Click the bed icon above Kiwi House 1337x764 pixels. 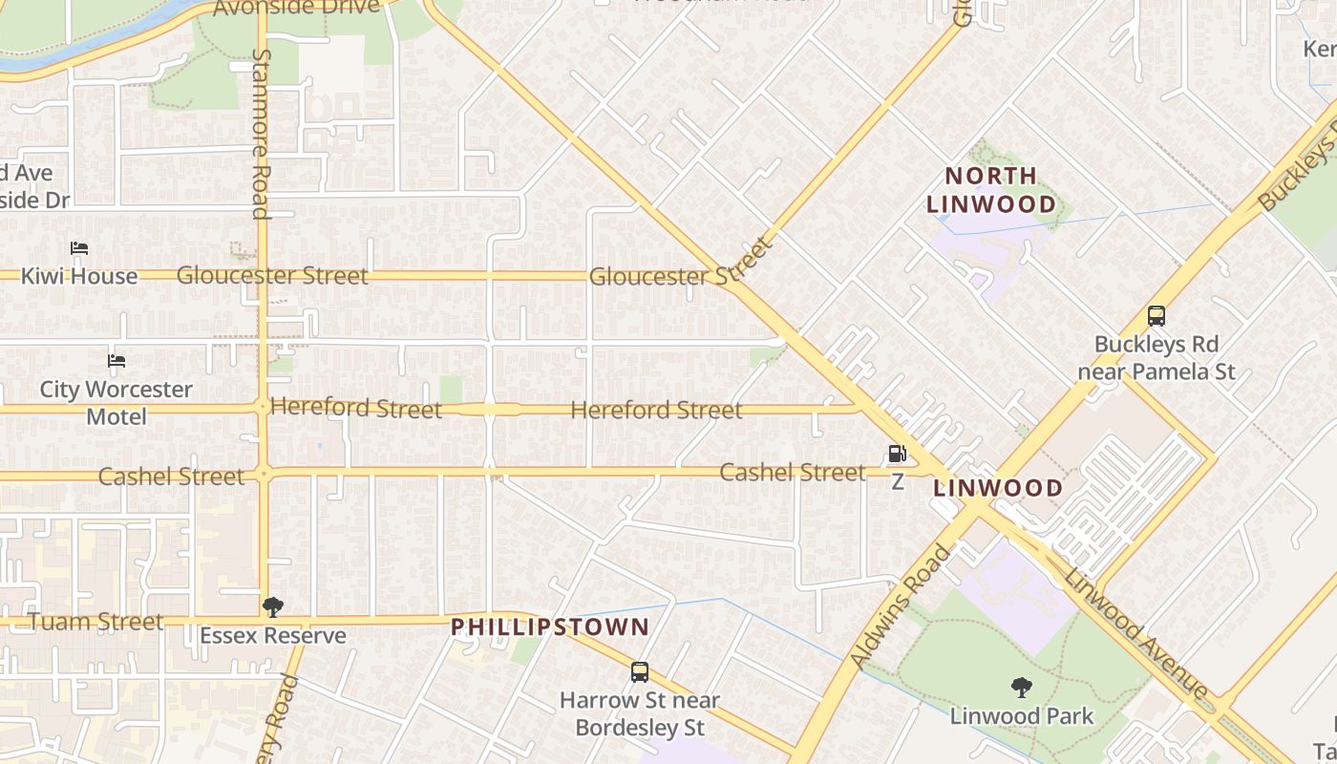pyautogui.click(x=79, y=248)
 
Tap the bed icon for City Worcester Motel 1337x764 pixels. pyautogui.click(x=117, y=361)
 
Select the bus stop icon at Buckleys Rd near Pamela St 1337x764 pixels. pyautogui.click(x=1156, y=316)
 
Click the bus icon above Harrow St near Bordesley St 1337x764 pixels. pyautogui.click(x=640, y=672)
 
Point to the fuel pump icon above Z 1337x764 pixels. pyautogui.click(x=897, y=455)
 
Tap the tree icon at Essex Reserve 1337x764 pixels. pyautogui.click(x=272, y=607)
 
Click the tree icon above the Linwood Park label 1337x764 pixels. pyautogui.click(x=1021, y=688)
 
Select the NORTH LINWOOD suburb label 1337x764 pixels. pyautogui.click(x=991, y=190)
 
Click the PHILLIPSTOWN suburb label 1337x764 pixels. pyautogui.click(x=550, y=627)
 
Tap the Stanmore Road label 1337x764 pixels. pyautogui.click(x=261, y=134)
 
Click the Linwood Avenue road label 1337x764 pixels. pyautogui.click(x=1136, y=633)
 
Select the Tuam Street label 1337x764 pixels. pyautogui.click(x=95, y=622)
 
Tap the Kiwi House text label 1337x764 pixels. pyautogui.click(x=79, y=276)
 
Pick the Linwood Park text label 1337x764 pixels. pyautogui.click(x=1022, y=716)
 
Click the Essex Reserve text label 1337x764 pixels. pyautogui.click(x=273, y=636)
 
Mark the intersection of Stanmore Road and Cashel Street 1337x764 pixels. pyautogui.click(x=263, y=473)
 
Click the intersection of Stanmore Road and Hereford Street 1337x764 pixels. pyautogui.click(x=263, y=408)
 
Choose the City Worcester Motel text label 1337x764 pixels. pyautogui.click(x=117, y=403)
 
